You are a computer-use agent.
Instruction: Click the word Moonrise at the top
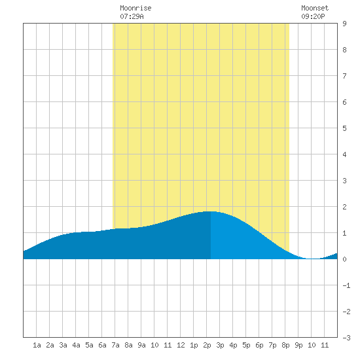[135, 8]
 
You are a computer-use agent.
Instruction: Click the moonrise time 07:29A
[132, 16]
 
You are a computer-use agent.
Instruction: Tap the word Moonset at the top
[315, 8]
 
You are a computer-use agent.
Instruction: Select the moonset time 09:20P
[313, 16]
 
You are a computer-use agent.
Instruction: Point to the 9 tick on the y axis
[344, 24]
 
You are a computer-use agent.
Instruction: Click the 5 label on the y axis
[344, 128]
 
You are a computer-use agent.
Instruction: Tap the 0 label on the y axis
[344, 259]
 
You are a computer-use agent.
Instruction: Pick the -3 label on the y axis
[346, 338]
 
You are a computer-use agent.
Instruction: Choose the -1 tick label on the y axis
[346, 285]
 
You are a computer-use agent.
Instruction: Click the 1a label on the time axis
[37, 345]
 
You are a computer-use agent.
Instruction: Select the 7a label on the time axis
[115, 345]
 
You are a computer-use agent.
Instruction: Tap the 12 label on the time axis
[181, 345]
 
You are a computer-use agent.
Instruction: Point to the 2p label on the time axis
[207, 345]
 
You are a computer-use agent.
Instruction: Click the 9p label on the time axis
[298, 345]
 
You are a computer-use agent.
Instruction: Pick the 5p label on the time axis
[246, 345]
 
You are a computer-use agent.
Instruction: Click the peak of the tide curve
[210, 211]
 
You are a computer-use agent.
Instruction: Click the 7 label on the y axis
[344, 76]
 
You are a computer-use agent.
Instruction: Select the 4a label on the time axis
[76, 345]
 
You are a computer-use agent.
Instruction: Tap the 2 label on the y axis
[344, 207]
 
